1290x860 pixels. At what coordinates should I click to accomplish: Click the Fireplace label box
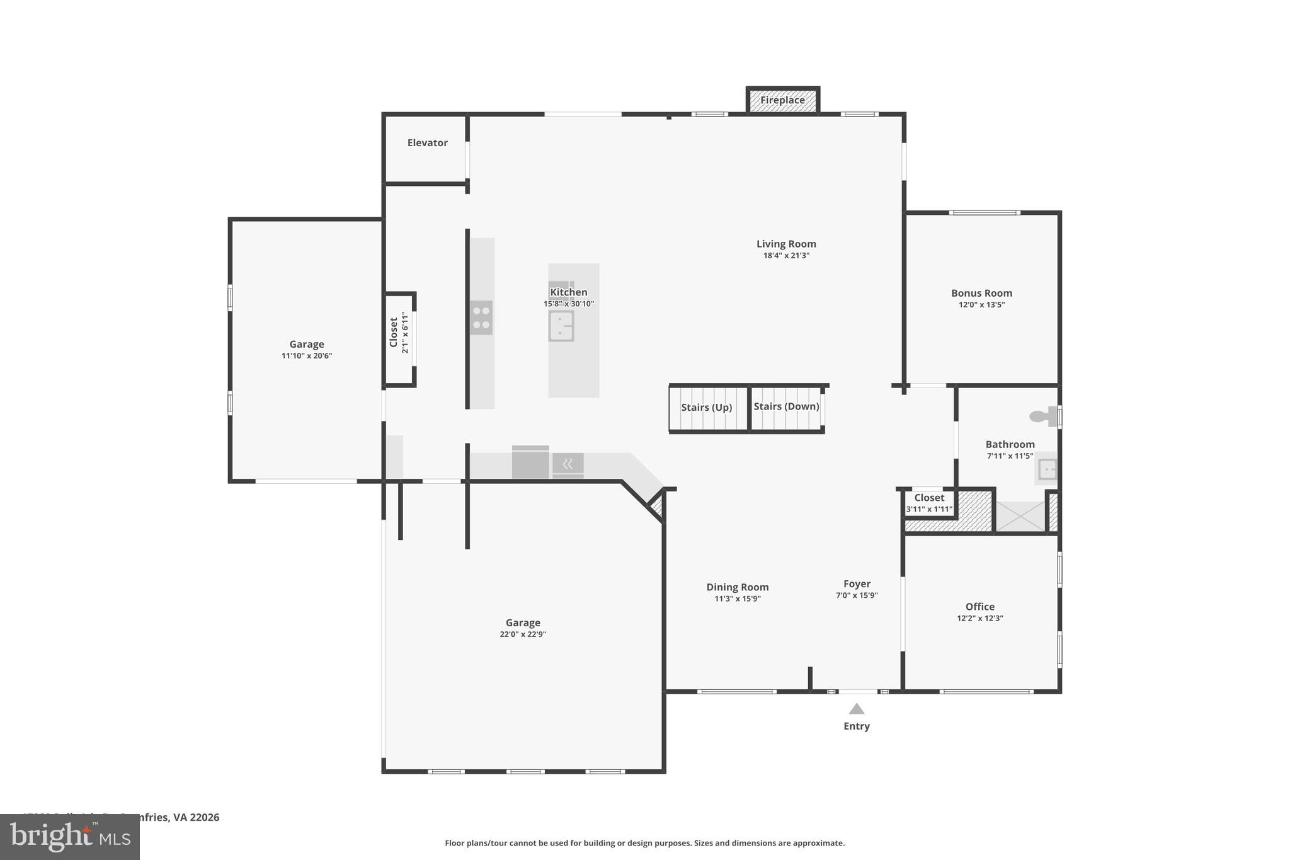click(x=782, y=100)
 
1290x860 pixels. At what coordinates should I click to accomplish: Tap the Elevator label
click(x=427, y=143)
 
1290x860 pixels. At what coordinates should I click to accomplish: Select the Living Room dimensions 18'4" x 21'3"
click(x=786, y=256)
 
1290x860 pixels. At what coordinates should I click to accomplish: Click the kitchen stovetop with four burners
click(x=481, y=318)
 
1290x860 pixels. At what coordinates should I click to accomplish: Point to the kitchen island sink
click(x=561, y=326)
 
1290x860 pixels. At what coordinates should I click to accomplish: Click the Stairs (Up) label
click(x=706, y=408)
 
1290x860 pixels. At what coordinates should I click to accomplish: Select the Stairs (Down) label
click(x=786, y=406)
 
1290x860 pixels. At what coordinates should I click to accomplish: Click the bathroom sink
click(x=1047, y=469)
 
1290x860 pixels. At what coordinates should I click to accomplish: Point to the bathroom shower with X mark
click(x=1020, y=516)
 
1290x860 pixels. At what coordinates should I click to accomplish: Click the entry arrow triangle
click(x=857, y=709)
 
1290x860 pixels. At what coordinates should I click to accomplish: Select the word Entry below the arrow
click(x=857, y=726)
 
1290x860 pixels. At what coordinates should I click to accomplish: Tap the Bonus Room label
click(x=981, y=293)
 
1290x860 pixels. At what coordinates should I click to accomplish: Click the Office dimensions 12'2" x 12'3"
click(x=979, y=619)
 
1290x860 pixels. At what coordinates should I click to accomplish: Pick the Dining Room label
click(x=737, y=587)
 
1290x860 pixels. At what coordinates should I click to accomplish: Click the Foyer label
click(x=857, y=584)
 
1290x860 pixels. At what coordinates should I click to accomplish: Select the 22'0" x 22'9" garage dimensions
click(x=523, y=634)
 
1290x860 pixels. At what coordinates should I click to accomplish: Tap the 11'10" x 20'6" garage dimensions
click(x=307, y=356)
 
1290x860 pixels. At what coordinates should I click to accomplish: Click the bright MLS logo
click(x=70, y=837)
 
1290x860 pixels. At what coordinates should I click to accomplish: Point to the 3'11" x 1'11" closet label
click(x=929, y=509)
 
